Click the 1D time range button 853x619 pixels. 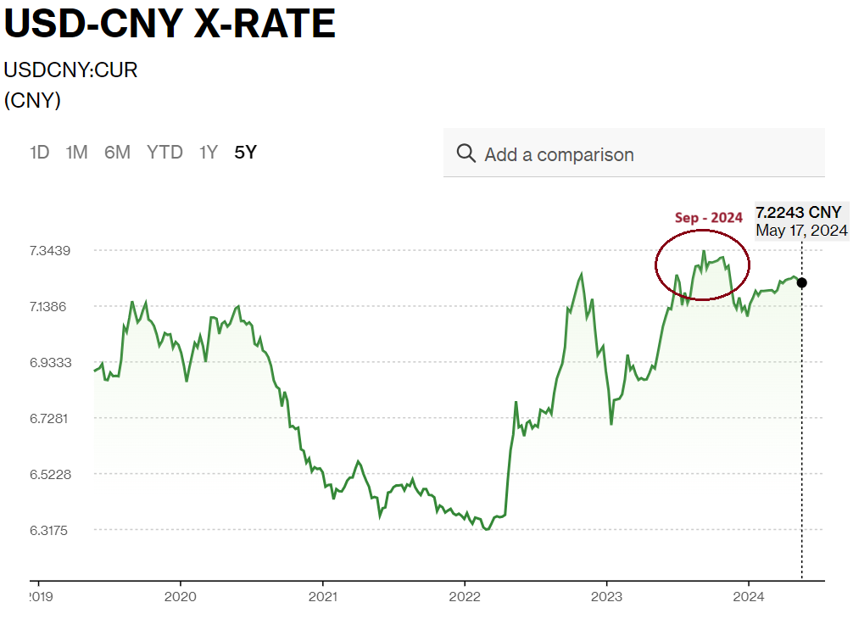pos(39,153)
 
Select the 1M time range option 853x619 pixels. pos(77,153)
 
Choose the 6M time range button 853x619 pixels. pos(117,153)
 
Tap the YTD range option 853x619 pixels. pos(164,153)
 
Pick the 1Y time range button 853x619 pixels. pos(209,153)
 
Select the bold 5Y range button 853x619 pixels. pos(245,153)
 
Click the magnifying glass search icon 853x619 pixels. pos(466,153)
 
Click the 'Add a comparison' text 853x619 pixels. pos(559,154)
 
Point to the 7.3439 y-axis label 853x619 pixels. pos(50,250)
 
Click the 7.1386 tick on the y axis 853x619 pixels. pos(50,306)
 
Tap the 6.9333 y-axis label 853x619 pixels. pos(50,362)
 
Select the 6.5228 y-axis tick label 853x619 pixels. pos(50,474)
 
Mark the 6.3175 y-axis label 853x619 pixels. pos(50,530)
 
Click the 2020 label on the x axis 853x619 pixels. pos(181,596)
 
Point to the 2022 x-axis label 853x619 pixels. pos(465,596)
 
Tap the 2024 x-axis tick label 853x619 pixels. pos(749,596)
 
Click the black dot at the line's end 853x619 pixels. pos(802,282)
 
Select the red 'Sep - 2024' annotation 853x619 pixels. pos(708,218)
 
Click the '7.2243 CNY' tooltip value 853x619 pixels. pos(799,212)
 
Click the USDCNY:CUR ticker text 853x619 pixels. pos(70,70)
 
